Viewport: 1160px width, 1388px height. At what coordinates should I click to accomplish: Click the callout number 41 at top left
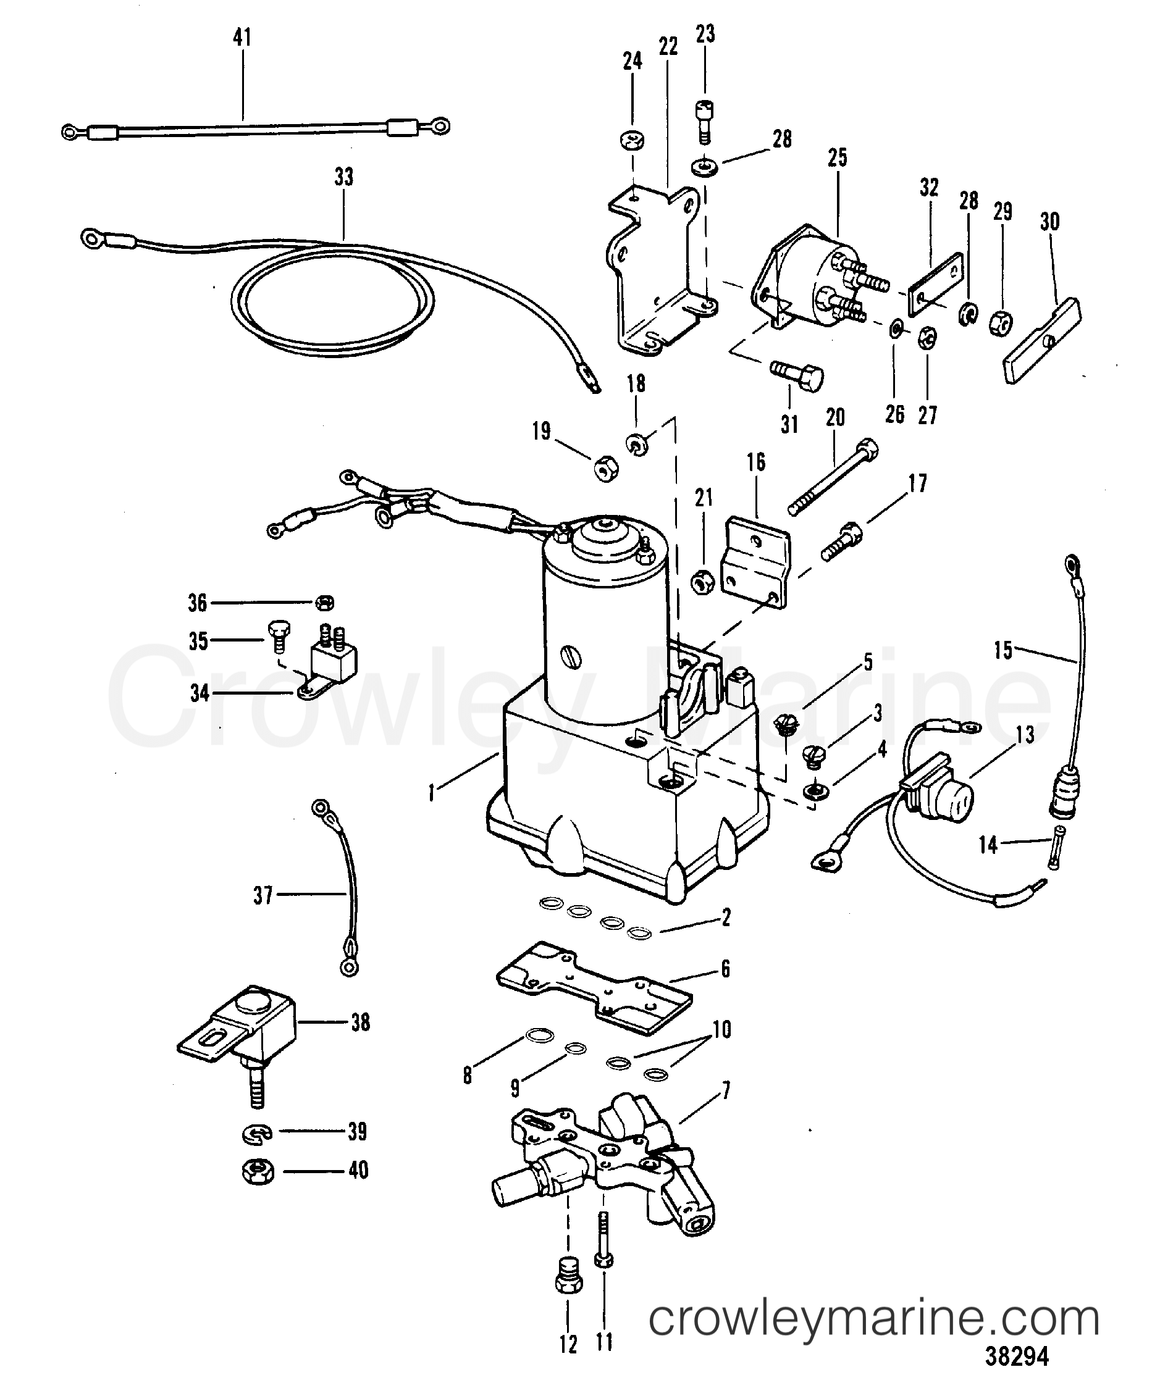(242, 38)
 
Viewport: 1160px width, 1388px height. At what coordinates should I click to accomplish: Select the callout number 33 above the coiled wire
(344, 177)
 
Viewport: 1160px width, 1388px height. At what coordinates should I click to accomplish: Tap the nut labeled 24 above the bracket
(633, 141)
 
